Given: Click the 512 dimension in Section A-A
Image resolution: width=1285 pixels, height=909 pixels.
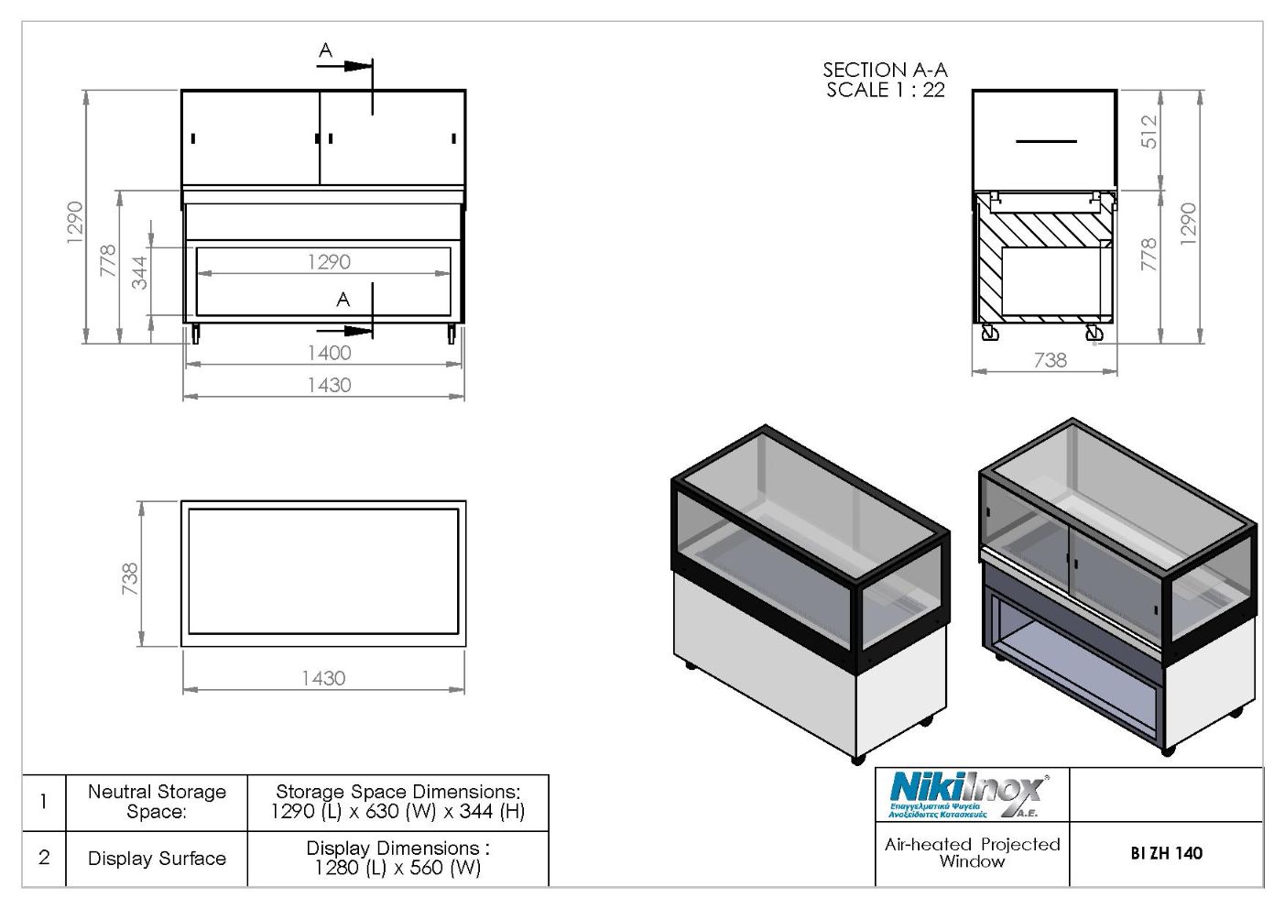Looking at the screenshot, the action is click(x=1149, y=132).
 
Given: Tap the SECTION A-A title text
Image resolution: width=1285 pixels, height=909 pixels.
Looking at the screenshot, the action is click(x=885, y=70).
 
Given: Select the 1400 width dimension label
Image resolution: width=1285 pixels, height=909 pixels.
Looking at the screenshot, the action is click(x=330, y=353).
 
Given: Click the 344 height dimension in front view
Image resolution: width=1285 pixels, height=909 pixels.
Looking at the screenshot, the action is click(x=140, y=272).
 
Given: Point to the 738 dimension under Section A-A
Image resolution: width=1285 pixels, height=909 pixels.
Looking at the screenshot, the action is click(x=1051, y=360).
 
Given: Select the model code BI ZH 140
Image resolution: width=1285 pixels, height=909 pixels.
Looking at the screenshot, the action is click(x=1167, y=853).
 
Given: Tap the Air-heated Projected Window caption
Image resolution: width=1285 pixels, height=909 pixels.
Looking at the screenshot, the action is click(x=973, y=853).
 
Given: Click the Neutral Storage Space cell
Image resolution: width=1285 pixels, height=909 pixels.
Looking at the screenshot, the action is click(x=157, y=802).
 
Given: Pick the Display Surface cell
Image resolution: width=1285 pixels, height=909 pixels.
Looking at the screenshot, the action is click(x=157, y=859).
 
